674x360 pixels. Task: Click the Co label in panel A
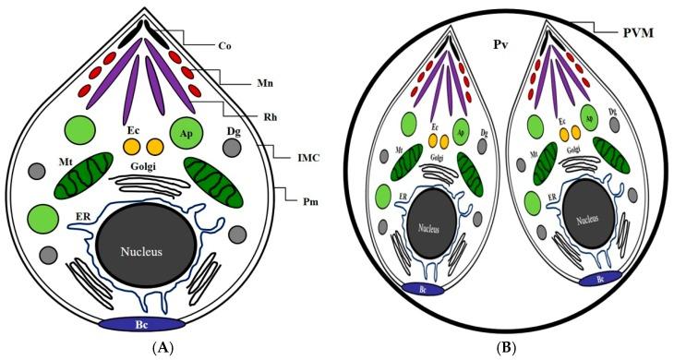pyautogui.click(x=223, y=43)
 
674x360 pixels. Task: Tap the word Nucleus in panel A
pyautogui.click(x=146, y=250)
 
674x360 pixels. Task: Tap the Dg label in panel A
pyautogui.click(x=234, y=131)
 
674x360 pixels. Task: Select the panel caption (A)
pyautogui.click(x=147, y=349)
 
